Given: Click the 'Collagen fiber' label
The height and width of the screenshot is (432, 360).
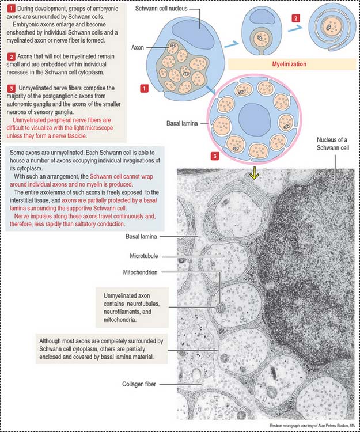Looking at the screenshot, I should click(x=141, y=383).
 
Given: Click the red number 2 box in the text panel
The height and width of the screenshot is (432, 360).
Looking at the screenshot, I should click(x=12, y=56).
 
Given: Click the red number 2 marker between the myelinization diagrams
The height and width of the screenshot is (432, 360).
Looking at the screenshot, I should click(x=296, y=18).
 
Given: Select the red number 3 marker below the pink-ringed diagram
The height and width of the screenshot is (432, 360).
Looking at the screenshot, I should click(x=215, y=156).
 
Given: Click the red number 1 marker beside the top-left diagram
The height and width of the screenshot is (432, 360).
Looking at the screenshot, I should click(x=144, y=88).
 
